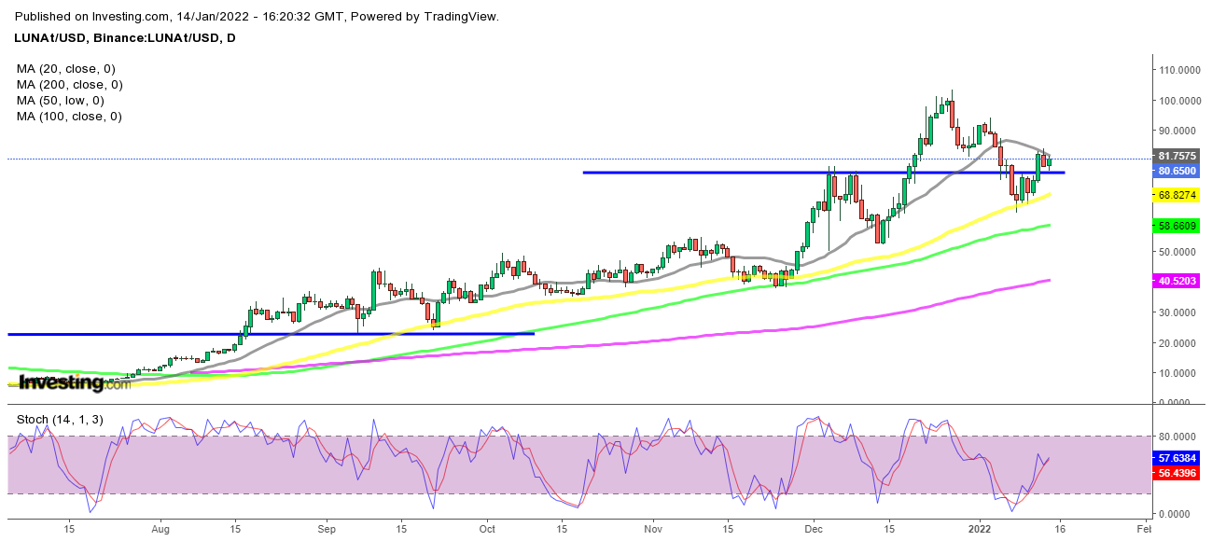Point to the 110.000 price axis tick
click(1177, 70)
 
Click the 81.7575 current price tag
click(1177, 156)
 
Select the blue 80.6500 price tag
click(1177, 172)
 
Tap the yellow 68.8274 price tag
click(1177, 195)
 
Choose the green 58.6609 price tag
click(1177, 226)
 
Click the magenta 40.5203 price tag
click(1177, 280)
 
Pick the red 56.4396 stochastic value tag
click(1177, 474)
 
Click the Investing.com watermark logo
click(75, 382)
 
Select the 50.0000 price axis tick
click(1177, 252)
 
